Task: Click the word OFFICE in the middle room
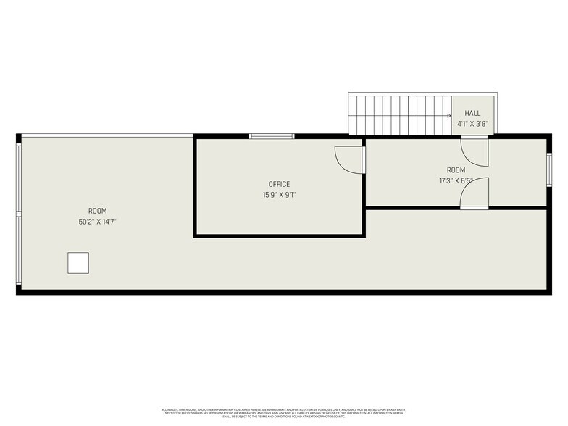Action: (x=279, y=184)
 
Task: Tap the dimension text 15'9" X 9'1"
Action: (x=279, y=195)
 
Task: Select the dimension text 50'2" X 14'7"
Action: (x=97, y=222)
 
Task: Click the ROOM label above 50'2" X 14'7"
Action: (x=97, y=211)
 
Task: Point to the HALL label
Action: (x=472, y=114)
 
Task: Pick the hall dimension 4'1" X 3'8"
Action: (x=472, y=124)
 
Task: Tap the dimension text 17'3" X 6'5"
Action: (x=456, y=181)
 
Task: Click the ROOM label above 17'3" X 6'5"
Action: (x=456, y=170)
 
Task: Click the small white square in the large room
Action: (x=78, y=263)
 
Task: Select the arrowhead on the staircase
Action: (x=449, y=115)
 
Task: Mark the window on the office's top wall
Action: (x=272, y=136)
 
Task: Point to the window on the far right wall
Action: (x=549, y=170)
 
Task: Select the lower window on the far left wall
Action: (x=19, y=250)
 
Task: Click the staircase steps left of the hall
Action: (x=398, y=116)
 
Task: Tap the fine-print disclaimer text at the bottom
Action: (x=284, y=413)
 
